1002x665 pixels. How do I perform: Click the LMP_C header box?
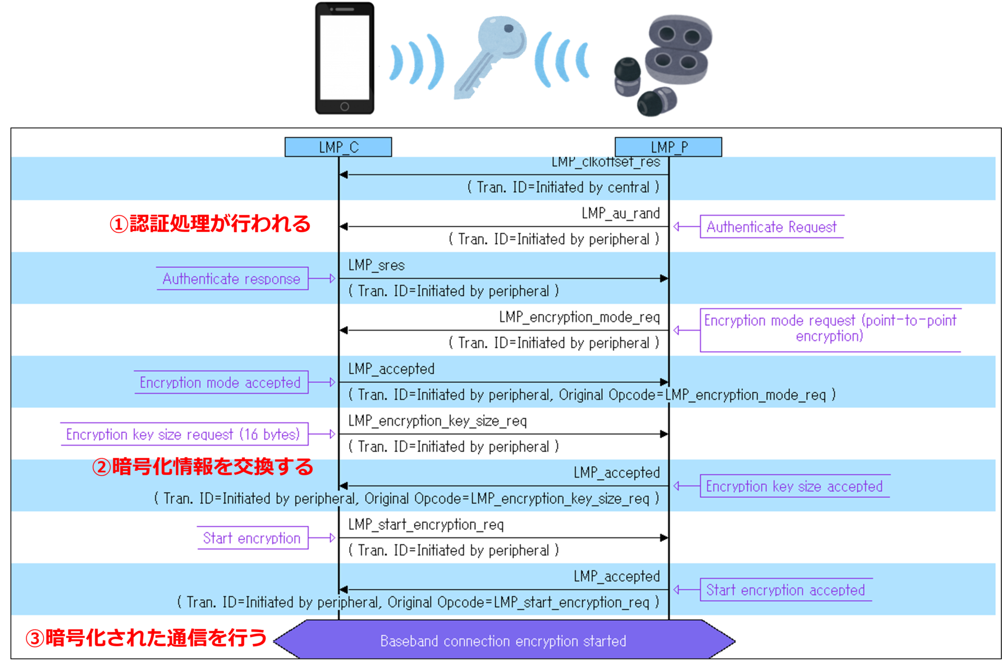[338, 147]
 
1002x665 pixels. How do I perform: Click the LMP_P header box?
[668, 147]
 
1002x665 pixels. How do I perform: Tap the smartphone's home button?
[344, 106]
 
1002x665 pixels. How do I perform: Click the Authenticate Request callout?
[771, 227]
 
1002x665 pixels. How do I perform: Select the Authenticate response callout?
[232, 279]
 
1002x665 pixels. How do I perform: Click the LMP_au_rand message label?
[621, 213]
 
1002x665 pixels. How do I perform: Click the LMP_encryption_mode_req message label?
[579, 317]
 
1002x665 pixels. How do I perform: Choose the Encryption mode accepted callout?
[220, 383]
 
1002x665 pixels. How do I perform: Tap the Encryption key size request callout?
[183, 434]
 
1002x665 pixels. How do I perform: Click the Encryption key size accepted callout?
[794, 486]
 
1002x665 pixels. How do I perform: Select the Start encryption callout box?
[252, 538]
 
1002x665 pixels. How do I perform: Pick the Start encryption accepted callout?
[785, 590]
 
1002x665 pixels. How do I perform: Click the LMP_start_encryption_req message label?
[426, 525]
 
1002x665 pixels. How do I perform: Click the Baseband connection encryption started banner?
[503, 640]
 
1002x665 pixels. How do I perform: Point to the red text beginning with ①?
[210, 224]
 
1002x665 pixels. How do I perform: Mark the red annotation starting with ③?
[146, 638]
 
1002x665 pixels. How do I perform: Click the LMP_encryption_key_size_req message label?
[437, 421]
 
